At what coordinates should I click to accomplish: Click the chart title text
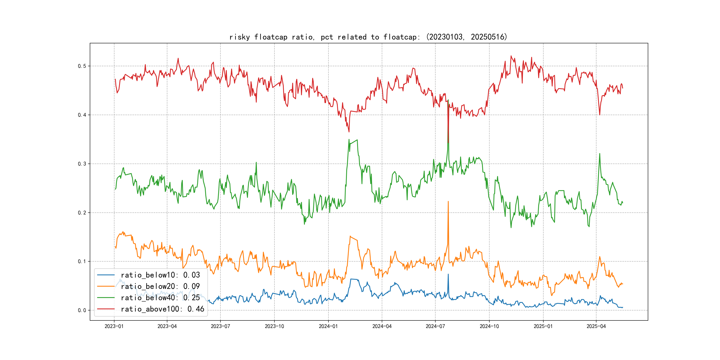(368, 37)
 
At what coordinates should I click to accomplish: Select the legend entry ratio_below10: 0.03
(160, 275)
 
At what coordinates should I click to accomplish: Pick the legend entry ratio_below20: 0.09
(160, 286)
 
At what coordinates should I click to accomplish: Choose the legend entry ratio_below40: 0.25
(160, 298)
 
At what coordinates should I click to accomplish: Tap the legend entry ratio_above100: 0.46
(162, 309)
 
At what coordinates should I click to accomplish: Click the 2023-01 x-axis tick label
(114, 326)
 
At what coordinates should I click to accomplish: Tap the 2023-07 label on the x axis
(220, 326)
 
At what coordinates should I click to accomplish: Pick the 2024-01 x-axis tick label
(328, 326)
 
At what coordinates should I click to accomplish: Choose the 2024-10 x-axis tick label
(489, 326)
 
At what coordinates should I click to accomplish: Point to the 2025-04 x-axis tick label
(596, 326)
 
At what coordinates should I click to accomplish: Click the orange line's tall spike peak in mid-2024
(448, 202)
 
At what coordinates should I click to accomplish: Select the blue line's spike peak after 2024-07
(448, 274)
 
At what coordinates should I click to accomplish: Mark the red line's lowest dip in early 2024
(349, 132)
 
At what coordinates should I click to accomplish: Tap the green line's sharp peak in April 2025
(600, 154)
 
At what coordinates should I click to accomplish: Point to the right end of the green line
(623, 203)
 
